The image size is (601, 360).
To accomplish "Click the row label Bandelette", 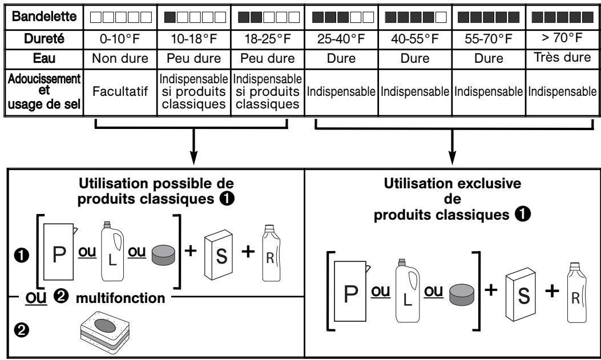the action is (x=44, y=17).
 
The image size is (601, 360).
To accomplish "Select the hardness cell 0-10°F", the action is (x=120, y=39).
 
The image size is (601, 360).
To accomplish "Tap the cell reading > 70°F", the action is (x=562, y=38).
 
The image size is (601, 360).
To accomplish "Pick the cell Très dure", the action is (x=562, y=57).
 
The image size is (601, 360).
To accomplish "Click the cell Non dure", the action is (x=120, y=58).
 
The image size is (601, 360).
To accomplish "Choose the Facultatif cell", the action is (x=120, y=91).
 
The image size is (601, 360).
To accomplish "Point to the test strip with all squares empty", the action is (x=121, y=17).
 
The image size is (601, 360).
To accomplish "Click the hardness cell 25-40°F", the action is (x=341, y=39).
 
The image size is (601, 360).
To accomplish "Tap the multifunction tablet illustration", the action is (x=105, y=331).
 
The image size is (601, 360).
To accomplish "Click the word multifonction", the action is (x=120, y=298).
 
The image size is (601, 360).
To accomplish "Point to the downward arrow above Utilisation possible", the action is (x=193, y=147).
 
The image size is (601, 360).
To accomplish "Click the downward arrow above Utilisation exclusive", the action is (x=452, y=147).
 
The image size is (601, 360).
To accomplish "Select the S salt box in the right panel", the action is (x=520, y=294).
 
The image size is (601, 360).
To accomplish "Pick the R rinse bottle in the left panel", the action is (x=271, y=253).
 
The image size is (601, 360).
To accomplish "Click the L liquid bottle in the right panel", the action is (x=408, y=290).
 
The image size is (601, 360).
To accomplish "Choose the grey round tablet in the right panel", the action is (x=462, y=294).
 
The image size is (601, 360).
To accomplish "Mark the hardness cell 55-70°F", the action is (x=489, y=39).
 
